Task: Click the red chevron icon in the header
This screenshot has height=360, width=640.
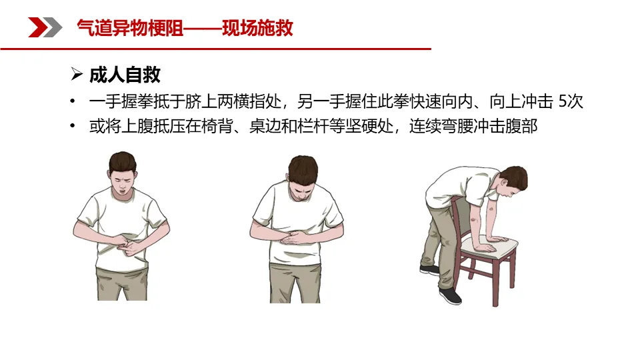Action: (x=37, y=27)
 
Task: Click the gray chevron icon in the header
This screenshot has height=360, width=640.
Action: (x=53, y=27)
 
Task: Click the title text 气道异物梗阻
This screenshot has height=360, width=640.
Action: (x=130, y=28)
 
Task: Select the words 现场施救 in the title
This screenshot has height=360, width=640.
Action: (x=257, y=28)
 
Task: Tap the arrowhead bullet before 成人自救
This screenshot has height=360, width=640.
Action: (x=76, y=74)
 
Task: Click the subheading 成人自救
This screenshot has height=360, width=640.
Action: (x=125, y=75)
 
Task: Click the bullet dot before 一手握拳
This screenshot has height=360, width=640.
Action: (x=73, y=101)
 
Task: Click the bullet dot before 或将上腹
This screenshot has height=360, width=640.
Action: (x=73, y=126)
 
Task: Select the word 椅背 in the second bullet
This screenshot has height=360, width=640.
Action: (x=217, y=126)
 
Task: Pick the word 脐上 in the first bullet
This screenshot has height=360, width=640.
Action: (x=201, y=101)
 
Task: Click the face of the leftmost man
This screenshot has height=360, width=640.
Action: (x=123, y=182)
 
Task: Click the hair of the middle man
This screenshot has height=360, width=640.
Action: (x=303, y=168)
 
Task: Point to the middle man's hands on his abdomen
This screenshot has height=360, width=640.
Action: (x=295, y=237)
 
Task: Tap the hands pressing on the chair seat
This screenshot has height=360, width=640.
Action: (x=491, y=243)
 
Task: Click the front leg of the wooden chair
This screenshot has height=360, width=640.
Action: (x=495, y=281)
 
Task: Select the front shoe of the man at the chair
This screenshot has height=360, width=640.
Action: (x=450, y=296)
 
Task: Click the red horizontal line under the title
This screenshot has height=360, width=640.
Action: (x=215, y=49)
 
